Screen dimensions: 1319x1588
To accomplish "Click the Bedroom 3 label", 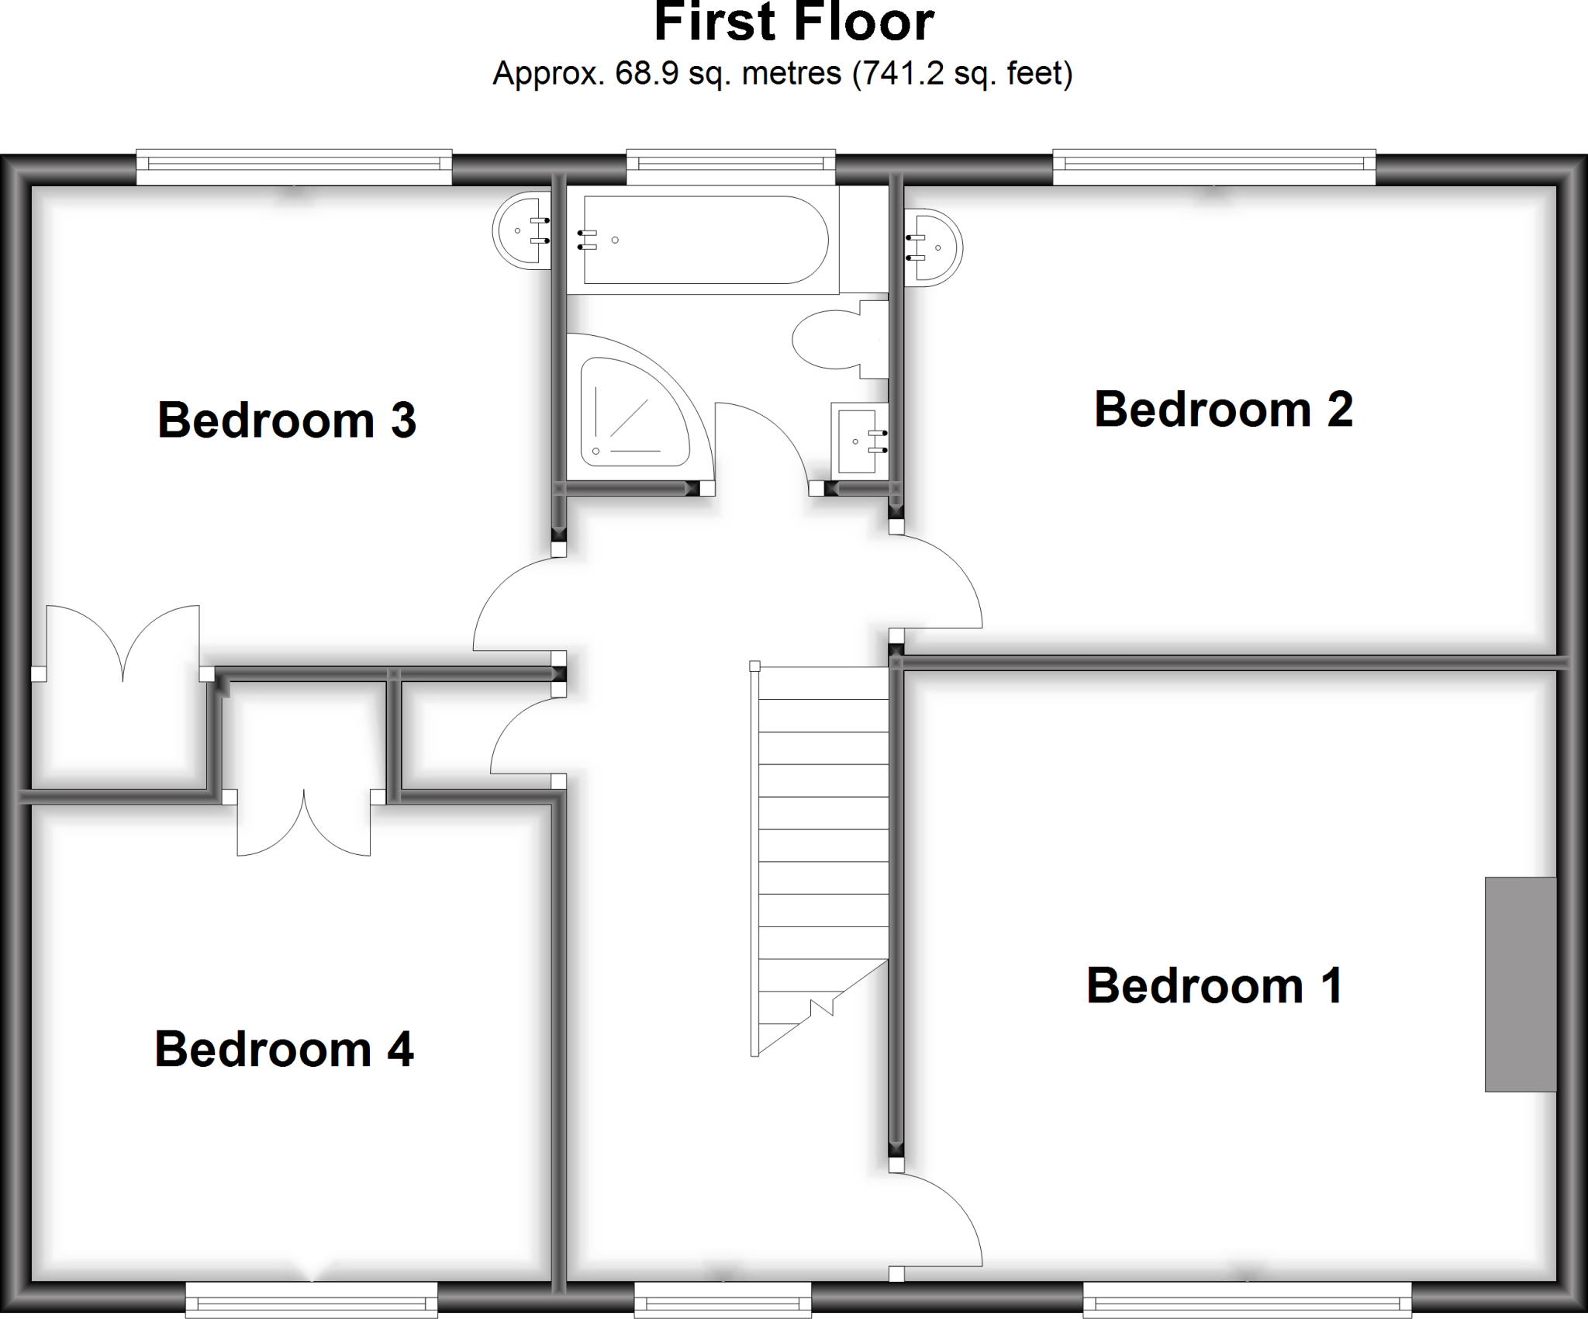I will click(x=287, y=421).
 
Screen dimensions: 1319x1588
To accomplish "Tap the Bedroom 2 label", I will click(x=1223, y=410).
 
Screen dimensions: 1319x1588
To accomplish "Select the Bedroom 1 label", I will click(x=1214, y=986).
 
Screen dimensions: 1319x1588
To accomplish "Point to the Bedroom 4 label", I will click(x=284, y=1049).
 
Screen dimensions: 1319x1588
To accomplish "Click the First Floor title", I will click(x=794, y=23).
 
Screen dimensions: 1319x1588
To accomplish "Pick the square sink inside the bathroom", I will click(x=858, y=440).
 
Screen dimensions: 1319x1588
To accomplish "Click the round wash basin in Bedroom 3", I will click(x=521, y=230).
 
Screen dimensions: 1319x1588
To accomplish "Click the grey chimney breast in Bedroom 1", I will click(x=1520, y=984).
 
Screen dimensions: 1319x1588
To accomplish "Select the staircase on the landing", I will click(x=822, y=853).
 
